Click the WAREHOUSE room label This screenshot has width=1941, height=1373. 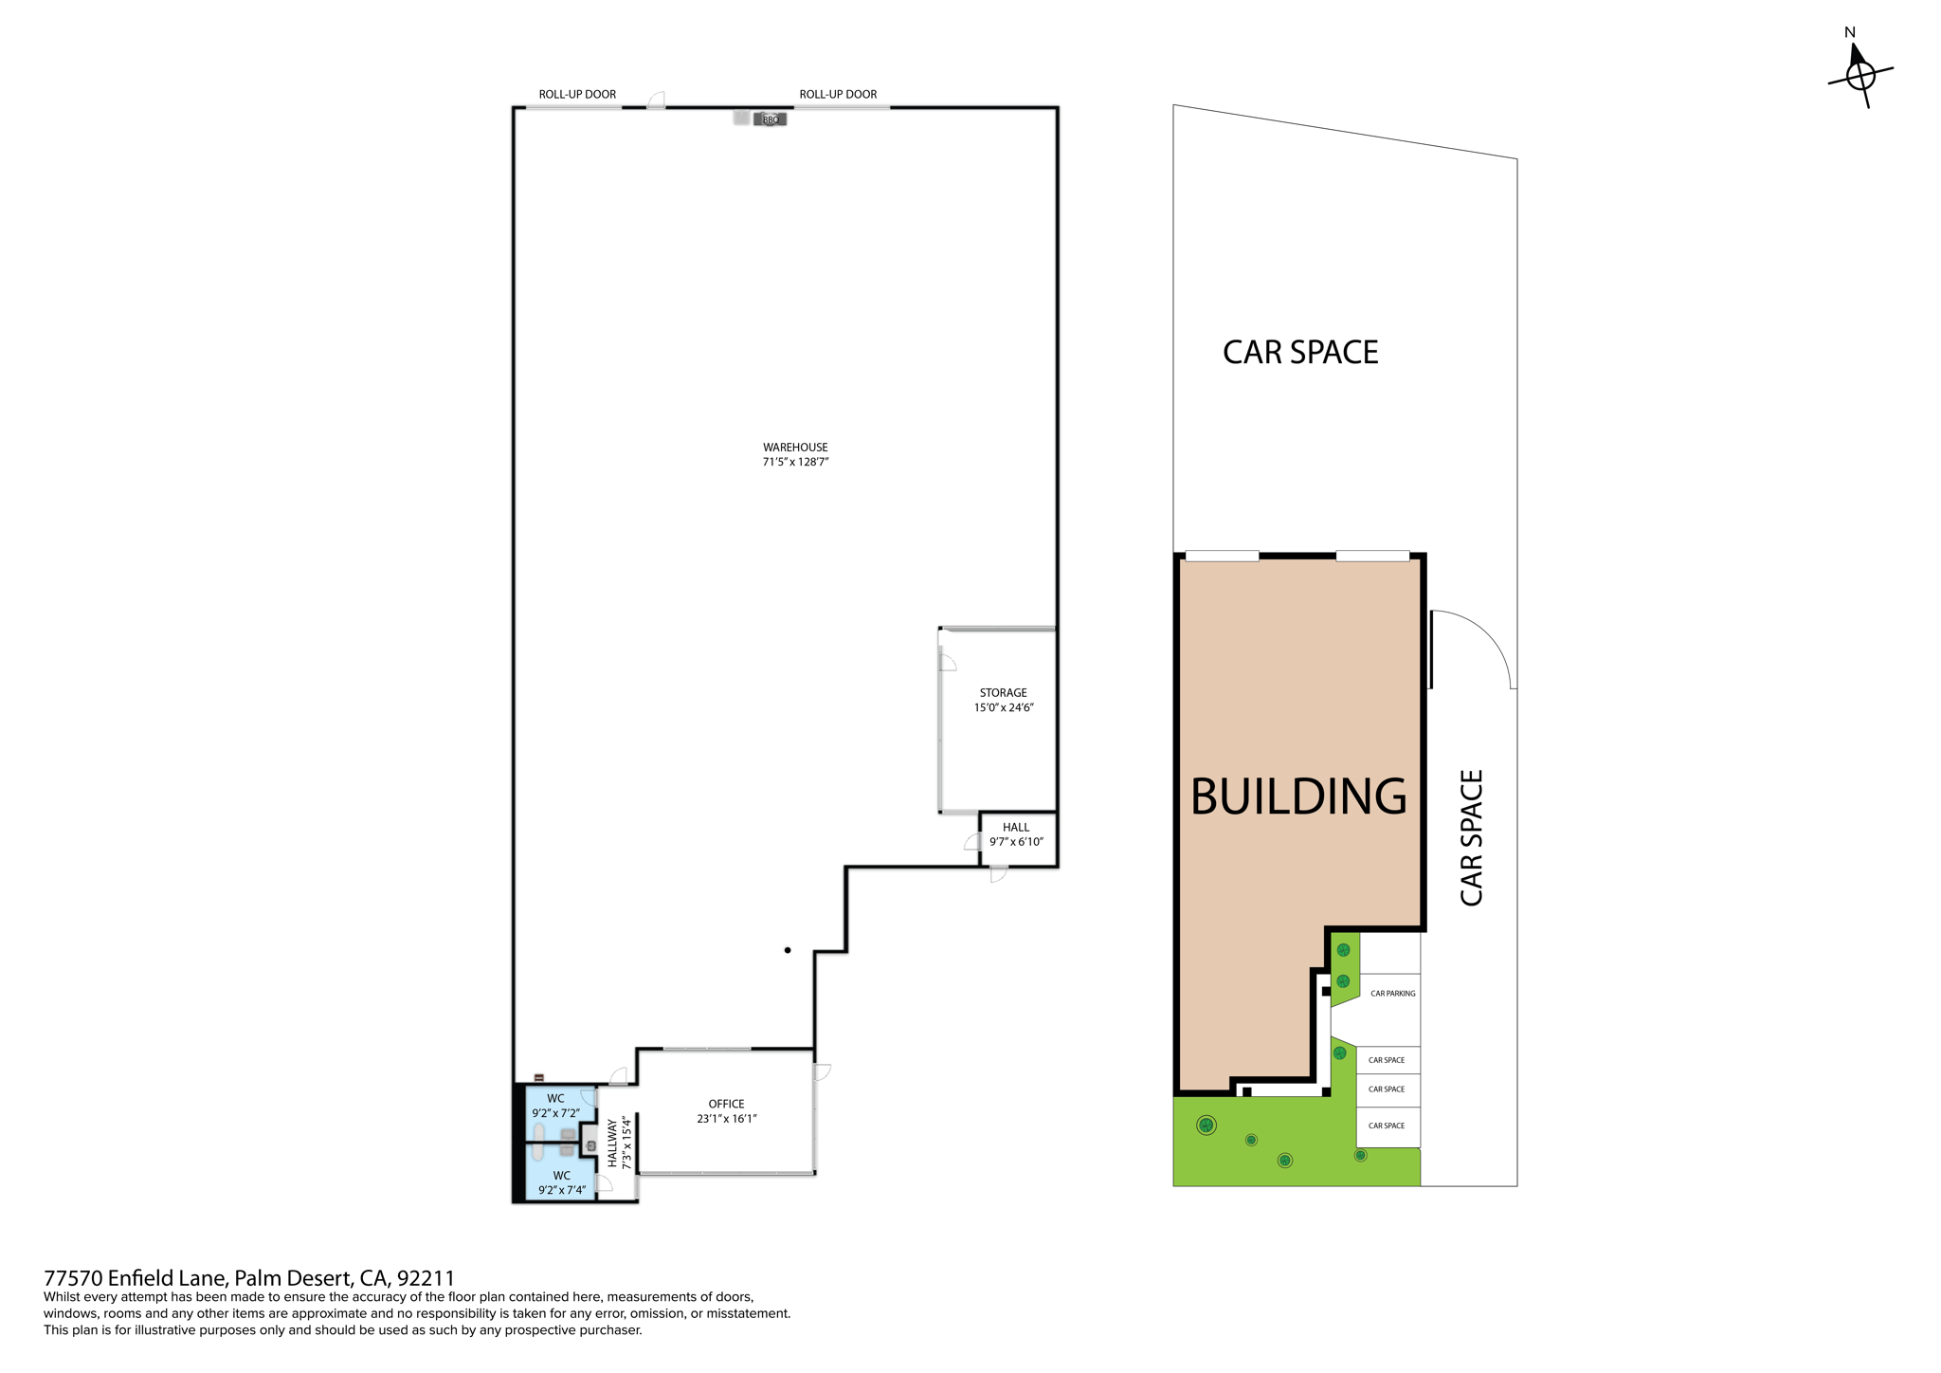[795, 454]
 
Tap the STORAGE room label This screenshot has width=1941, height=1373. [1004, 700]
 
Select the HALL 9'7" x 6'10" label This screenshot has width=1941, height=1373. [1016, 834]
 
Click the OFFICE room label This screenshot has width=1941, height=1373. [727, 1111]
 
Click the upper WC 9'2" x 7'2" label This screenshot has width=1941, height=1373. [555, 1106]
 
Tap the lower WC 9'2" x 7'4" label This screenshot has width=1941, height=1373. [562, 1182]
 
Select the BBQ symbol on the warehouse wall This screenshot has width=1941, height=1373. [770, 119]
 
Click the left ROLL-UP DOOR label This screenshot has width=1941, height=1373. [577, 94]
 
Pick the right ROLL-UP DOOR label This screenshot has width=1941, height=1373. [838, 94]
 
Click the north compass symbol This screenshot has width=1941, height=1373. [1859, 68]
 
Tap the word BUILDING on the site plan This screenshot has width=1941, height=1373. [1298, 796]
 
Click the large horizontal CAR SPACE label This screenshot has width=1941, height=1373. [1300, 352]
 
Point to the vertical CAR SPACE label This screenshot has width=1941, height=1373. [1471, 838]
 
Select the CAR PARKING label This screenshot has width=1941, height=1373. [1393, 994]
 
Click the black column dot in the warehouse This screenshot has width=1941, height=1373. [788, 950]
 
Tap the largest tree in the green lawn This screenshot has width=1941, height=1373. [1206, 1126]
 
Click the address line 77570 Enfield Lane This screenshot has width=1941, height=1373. [249, 1277]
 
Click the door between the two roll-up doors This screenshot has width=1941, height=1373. [656, 101]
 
